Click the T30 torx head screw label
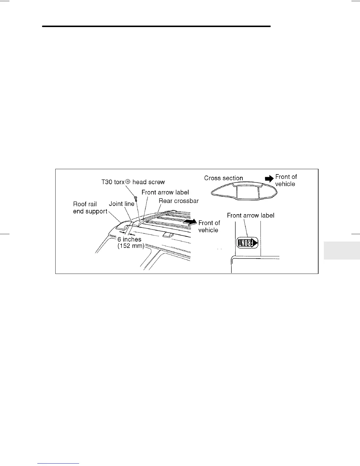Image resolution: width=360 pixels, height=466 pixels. [133, 182]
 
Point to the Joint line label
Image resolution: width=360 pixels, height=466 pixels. [121, 204]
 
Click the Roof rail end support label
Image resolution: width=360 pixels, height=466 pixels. [90, 208]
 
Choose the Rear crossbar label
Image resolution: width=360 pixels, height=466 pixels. [179, 201]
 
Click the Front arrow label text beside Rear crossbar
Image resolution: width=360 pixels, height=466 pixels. [165, 192]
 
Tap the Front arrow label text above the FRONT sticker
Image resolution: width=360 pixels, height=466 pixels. [251, 215]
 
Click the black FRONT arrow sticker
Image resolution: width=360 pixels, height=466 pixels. [247, 242]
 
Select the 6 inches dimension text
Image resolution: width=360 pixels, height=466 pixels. [129, 239]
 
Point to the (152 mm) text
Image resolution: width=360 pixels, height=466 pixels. [131, 246]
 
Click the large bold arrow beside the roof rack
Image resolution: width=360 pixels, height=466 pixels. [189, 222]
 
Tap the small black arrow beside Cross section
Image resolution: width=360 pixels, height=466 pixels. [269, 178]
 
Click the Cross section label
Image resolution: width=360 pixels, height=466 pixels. [224, 178]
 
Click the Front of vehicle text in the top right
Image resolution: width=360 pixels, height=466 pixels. [286, 180]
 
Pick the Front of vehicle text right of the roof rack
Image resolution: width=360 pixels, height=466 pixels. [209, 227]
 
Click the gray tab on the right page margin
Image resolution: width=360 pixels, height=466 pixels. [342, 250]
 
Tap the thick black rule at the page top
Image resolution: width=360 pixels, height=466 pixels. [156, 26]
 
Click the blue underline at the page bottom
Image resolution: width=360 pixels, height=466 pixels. [59, 463]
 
